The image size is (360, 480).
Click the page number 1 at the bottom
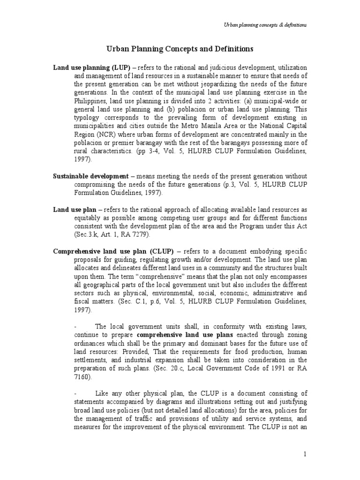[304, 454]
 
